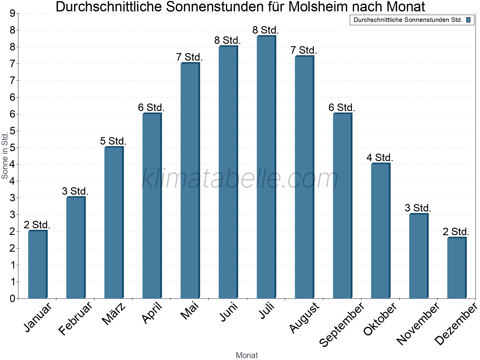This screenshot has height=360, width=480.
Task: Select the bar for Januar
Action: (x=37, y=264)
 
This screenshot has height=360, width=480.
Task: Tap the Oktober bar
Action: (x=380, y=231)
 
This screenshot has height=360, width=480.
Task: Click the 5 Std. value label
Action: (x=113, y=141)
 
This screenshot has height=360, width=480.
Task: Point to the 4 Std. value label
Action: (x=379, y=157)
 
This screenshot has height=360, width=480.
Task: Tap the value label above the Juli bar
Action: (x=265, y=30)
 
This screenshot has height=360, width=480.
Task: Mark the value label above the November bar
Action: (x=418, y=208)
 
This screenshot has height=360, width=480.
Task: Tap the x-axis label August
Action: (x=304, y=317)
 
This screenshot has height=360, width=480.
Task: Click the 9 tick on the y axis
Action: (x=12, y=13)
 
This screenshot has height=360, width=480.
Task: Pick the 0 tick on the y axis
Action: (x=12, y=298)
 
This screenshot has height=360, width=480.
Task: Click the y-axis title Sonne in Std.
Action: (x=5, y=156)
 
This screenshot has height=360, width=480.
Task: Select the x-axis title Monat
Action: (x=247, y=355)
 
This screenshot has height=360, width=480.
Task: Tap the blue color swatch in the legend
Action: (x=468, y=20)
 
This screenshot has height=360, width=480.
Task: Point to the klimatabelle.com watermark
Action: (x=240, y=178)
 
